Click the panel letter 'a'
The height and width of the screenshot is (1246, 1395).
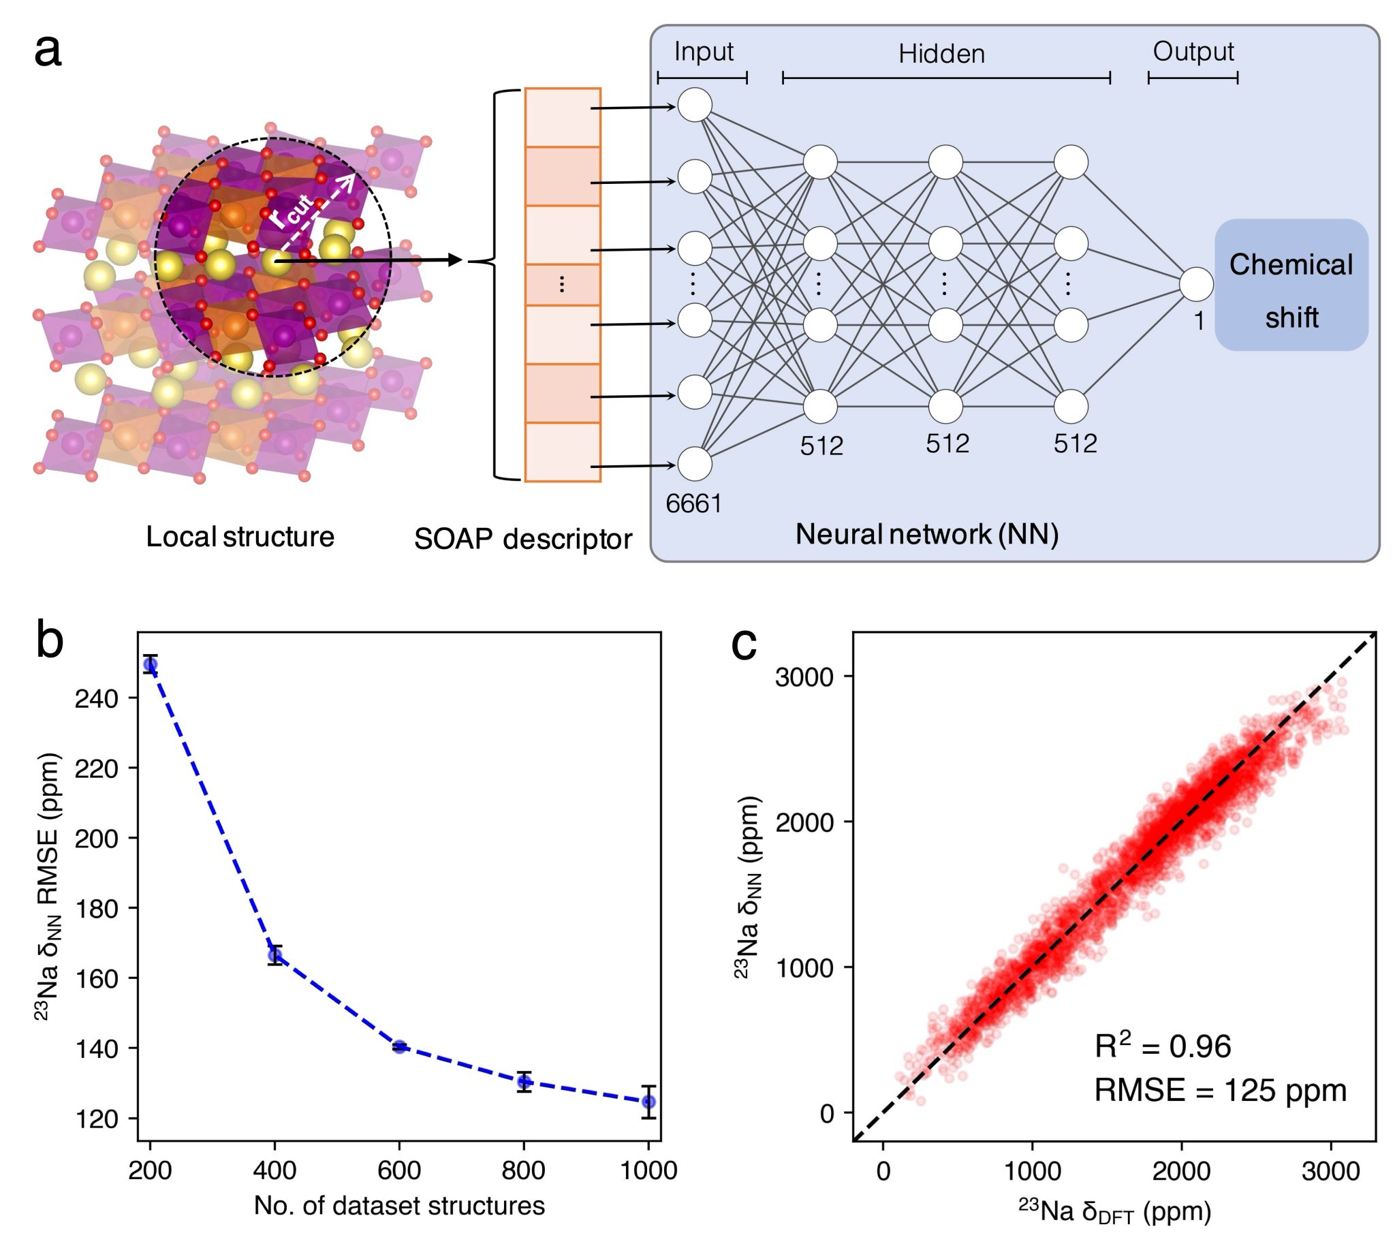tap(48, 52)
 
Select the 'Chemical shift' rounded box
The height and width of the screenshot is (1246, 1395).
tap(1291, 285)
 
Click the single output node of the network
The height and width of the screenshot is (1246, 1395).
tap(1196, 285)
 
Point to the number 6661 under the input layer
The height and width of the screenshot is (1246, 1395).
tap(693, 504)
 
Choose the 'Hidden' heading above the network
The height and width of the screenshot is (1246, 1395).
tap(941, 54)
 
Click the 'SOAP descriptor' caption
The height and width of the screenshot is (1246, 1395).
tap(523, 540)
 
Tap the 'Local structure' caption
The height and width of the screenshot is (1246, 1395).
tap(240, 537)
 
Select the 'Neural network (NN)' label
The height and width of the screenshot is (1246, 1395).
tap(927, 534)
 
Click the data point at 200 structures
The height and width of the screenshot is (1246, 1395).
tap(151, 664)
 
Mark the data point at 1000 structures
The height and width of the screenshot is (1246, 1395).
tap(648, 1102)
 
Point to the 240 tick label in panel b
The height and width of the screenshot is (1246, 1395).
tap(97, 698)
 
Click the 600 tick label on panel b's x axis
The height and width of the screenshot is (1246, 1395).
tap(399, 1170)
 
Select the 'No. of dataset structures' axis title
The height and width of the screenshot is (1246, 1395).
tap(399, 1205)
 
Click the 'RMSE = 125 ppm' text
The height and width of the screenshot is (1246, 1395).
tap(1220, 1090)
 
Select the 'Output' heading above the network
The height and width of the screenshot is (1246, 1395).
tap(1193, 51)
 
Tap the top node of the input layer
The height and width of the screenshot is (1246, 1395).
tap(695, 105)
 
